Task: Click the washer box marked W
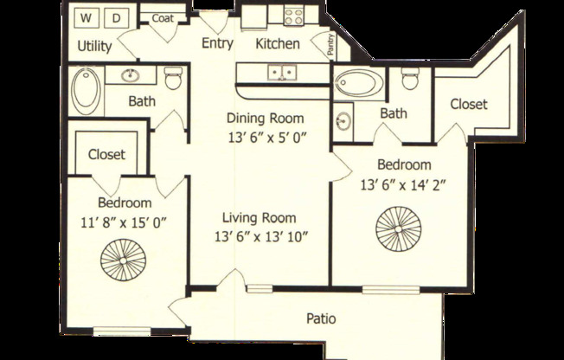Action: click(x=87, y=17)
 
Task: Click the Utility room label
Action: click(x=94, y=46)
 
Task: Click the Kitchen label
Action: click(x=279, y=43)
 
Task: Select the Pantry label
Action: click(x=331, y=43)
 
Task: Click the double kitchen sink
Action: click(x=280, y=73)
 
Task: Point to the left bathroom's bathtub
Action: click(x=87, y=91)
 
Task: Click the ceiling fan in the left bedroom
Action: click(x=119, y=258)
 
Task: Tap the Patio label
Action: click(x=321, y=318)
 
